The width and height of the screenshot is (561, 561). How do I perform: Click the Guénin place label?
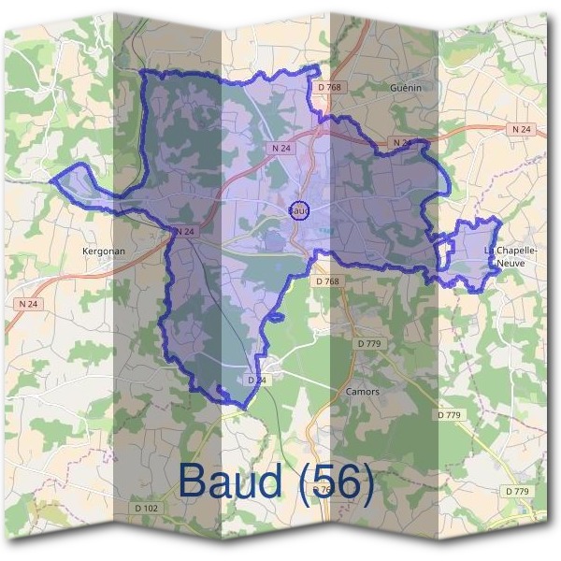pos(408,87)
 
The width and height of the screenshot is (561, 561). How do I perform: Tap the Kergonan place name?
pos(104,252)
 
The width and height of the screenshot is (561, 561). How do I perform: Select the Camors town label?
pos(362,392)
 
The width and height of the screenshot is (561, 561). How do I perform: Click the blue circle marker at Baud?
pos(299,210)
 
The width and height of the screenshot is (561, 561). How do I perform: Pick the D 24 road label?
pos(258,381)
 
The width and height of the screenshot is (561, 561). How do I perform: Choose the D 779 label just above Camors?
pos(369,344)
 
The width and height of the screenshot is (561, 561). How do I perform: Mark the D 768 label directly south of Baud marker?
pos(327,280)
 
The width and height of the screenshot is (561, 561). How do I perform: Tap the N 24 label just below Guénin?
pos(402,142)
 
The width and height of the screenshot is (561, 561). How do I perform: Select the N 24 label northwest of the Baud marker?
pos(281,148)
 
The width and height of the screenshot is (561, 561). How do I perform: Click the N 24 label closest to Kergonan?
pos(184,231)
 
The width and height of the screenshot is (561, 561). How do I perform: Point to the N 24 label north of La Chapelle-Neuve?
pos(521,128)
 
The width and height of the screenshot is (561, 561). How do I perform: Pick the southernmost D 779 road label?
pos(516,491)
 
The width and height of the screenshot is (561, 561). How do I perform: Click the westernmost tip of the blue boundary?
pos(51,179)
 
